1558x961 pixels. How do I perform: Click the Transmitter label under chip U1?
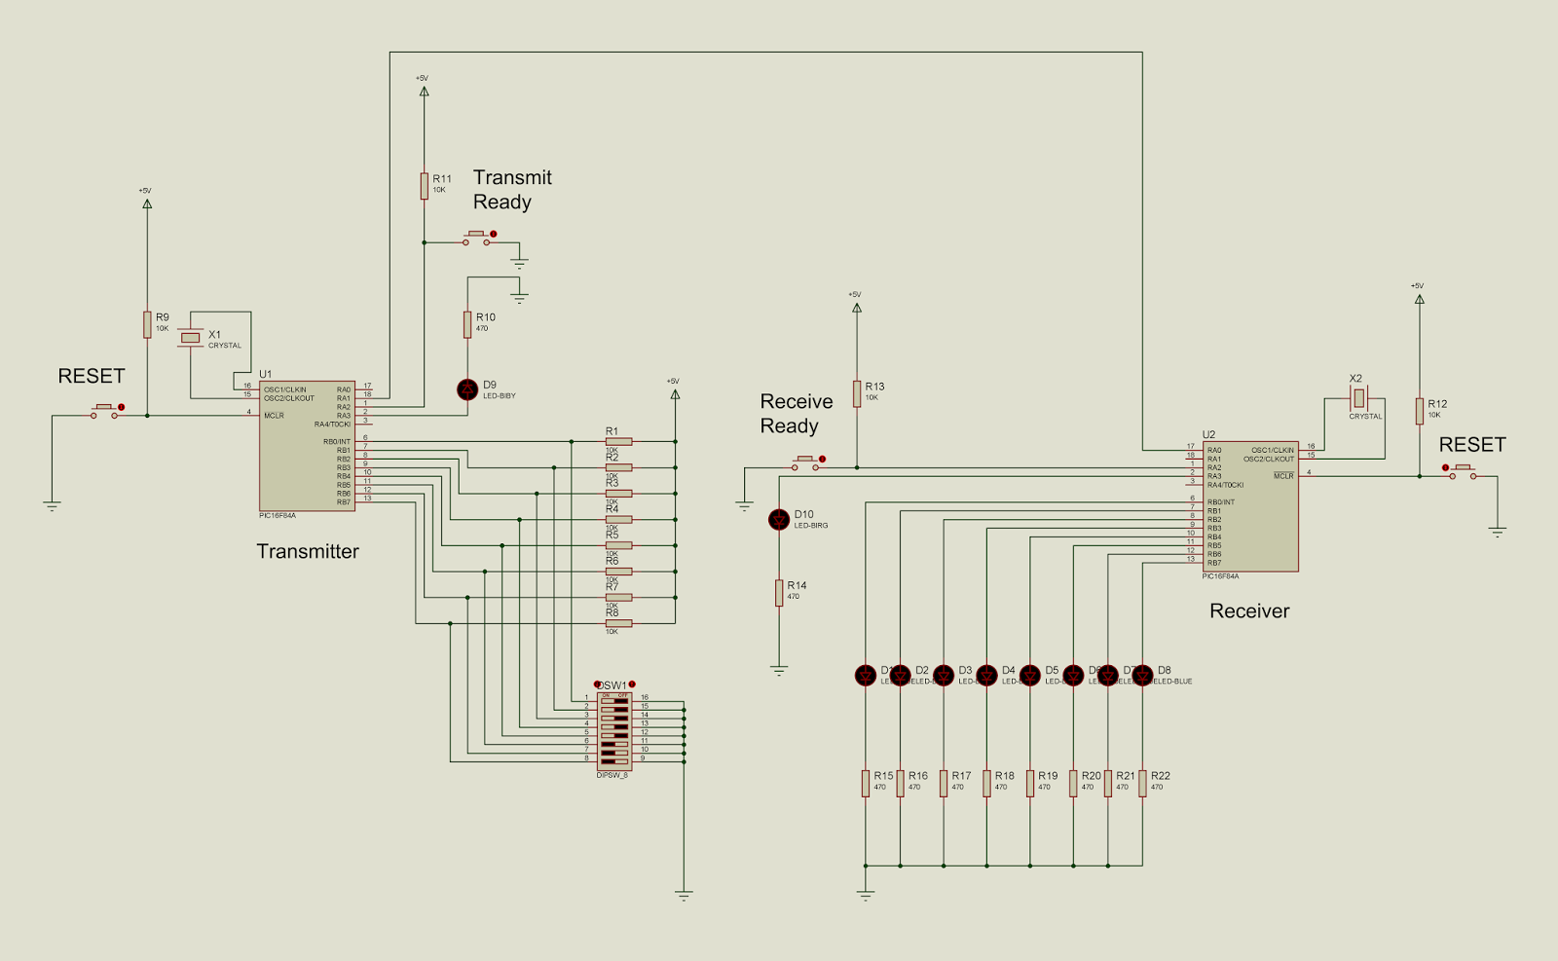308,551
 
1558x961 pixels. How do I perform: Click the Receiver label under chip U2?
1249,610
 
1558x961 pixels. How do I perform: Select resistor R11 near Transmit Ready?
424,186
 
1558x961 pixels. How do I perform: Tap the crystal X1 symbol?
191,338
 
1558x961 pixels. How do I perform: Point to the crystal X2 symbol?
1358,398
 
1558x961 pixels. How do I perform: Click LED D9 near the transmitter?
467,389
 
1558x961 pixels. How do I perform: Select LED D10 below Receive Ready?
779,519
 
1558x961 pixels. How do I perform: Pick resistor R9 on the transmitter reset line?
147,324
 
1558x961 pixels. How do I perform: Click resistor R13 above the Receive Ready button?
857,393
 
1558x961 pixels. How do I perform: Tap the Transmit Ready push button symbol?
477,238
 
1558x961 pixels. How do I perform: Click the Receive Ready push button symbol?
806,462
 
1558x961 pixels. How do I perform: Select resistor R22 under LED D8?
1142,783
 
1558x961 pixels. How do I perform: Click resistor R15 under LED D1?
865,783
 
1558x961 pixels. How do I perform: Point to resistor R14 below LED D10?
779,592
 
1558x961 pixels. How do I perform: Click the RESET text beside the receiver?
1471,445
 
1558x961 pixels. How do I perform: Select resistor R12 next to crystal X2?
1420,410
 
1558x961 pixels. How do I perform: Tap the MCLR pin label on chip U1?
274,416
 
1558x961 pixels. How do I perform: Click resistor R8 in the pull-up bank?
618,623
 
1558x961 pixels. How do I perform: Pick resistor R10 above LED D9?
467,324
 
